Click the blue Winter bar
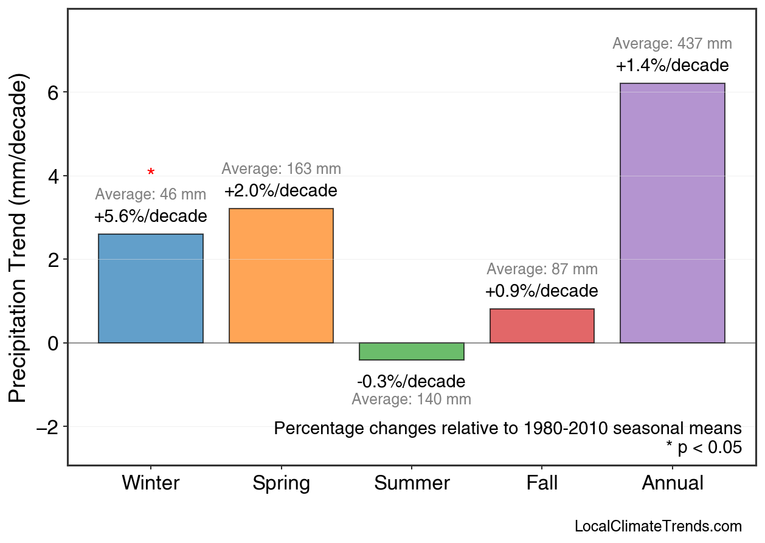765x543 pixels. click(x=150, y=288)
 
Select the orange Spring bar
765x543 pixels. click(x=281, y=275)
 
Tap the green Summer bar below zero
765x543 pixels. click(x=412, y=351)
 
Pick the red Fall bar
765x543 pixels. click(x=542, y=326)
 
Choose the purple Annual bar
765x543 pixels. click(x=672, y=213)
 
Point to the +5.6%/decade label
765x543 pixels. click(x=150, y=216)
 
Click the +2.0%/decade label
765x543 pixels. click(x=280, y=191)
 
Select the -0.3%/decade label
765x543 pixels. click(x=411, y=382)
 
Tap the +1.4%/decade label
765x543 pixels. click(x=672, y=66)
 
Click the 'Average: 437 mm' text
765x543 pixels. click(x=672, y=44)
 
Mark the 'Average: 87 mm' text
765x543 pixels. click(x=542, y=269)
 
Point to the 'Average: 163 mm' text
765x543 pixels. click(x=281, y=169)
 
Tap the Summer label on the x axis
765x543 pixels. click(x=412, y=483)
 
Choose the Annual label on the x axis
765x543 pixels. click(x=672, y=483)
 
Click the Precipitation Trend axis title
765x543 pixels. click(x=19, y=240)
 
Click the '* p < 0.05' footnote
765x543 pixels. click(x=704, y=448)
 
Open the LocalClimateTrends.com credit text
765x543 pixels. click(x=658, y=527)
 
